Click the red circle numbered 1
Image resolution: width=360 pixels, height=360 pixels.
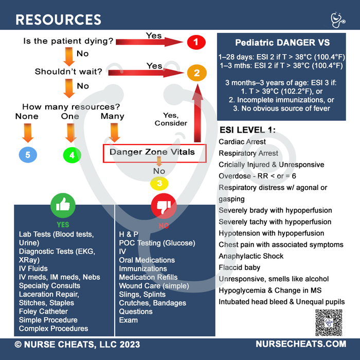[x=196, y=42]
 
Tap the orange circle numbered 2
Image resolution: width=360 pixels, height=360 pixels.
[x=196, y=73]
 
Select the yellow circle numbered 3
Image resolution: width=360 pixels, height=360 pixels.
[x=159, y=183]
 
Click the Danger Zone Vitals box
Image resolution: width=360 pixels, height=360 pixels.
[x=154, y=153]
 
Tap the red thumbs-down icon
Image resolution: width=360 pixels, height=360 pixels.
[x=163, y=207]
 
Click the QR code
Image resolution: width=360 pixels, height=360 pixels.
[x=329, y=322]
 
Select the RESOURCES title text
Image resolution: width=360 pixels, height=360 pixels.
[x=58, y=20]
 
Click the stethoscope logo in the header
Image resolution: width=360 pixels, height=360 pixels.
[x=337, y=20]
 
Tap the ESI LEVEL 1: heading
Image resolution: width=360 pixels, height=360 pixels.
[x=247, y=129]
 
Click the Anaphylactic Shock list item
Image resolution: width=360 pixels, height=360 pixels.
[x=250, y=256]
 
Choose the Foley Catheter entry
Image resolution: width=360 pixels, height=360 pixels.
[x=43, y=311]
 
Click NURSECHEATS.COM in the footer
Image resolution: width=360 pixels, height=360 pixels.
[x=301, y=344]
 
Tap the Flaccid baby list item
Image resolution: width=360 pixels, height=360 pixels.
[x=239, y=267]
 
